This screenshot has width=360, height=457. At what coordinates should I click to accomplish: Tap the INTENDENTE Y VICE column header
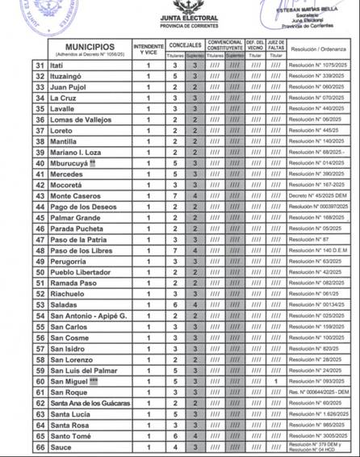149,49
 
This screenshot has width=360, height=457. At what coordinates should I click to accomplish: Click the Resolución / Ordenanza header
319,48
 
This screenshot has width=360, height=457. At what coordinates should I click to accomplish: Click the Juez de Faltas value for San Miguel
276,380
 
